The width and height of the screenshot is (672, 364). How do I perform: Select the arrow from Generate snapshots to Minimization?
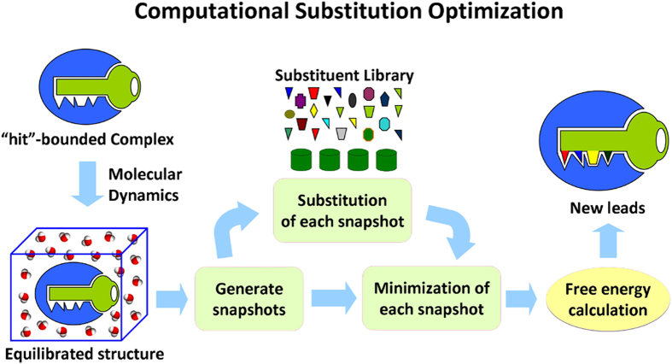point(334,297)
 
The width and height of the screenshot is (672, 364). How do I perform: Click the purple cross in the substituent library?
point(301,101)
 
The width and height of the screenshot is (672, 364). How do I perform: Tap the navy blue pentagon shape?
point(384,100)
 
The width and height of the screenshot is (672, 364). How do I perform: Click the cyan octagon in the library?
point(384,124)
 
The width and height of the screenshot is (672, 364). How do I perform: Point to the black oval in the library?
point(351,100)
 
